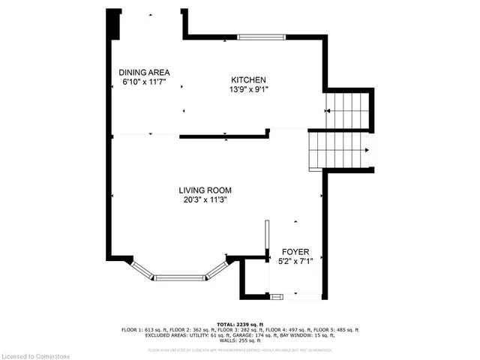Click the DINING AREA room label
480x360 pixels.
coord(142,72)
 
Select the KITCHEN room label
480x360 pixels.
coord(248,79)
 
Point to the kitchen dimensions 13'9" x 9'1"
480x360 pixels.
coord(248,89)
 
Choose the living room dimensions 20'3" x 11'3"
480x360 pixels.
coord(205,200)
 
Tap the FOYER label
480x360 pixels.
coord(295,251)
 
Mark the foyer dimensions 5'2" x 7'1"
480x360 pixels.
coord(295,261)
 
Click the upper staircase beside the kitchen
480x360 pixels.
coord(349,110)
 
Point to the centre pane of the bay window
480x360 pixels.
coord(180,278)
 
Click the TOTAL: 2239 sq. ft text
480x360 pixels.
coord(239,324)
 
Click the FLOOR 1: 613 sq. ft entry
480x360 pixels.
coord(144,330)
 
